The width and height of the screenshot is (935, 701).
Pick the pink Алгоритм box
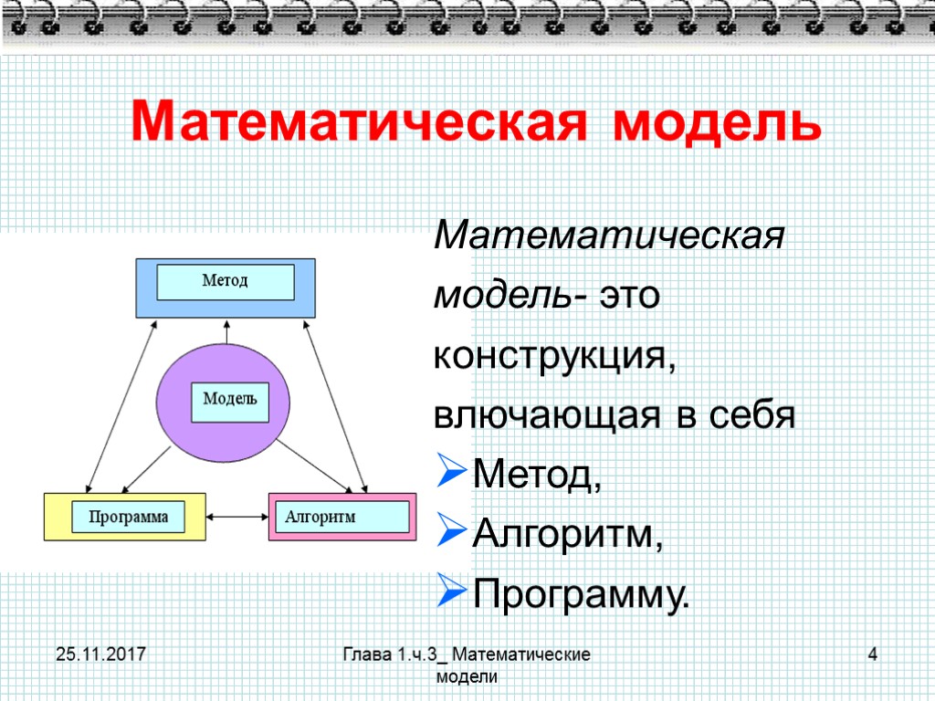click(341, 517)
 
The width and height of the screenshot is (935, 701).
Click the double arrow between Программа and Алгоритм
click(237, 518)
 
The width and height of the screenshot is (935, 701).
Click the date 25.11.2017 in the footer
click(101, 654)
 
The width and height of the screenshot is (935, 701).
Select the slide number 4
click(873, 654)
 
